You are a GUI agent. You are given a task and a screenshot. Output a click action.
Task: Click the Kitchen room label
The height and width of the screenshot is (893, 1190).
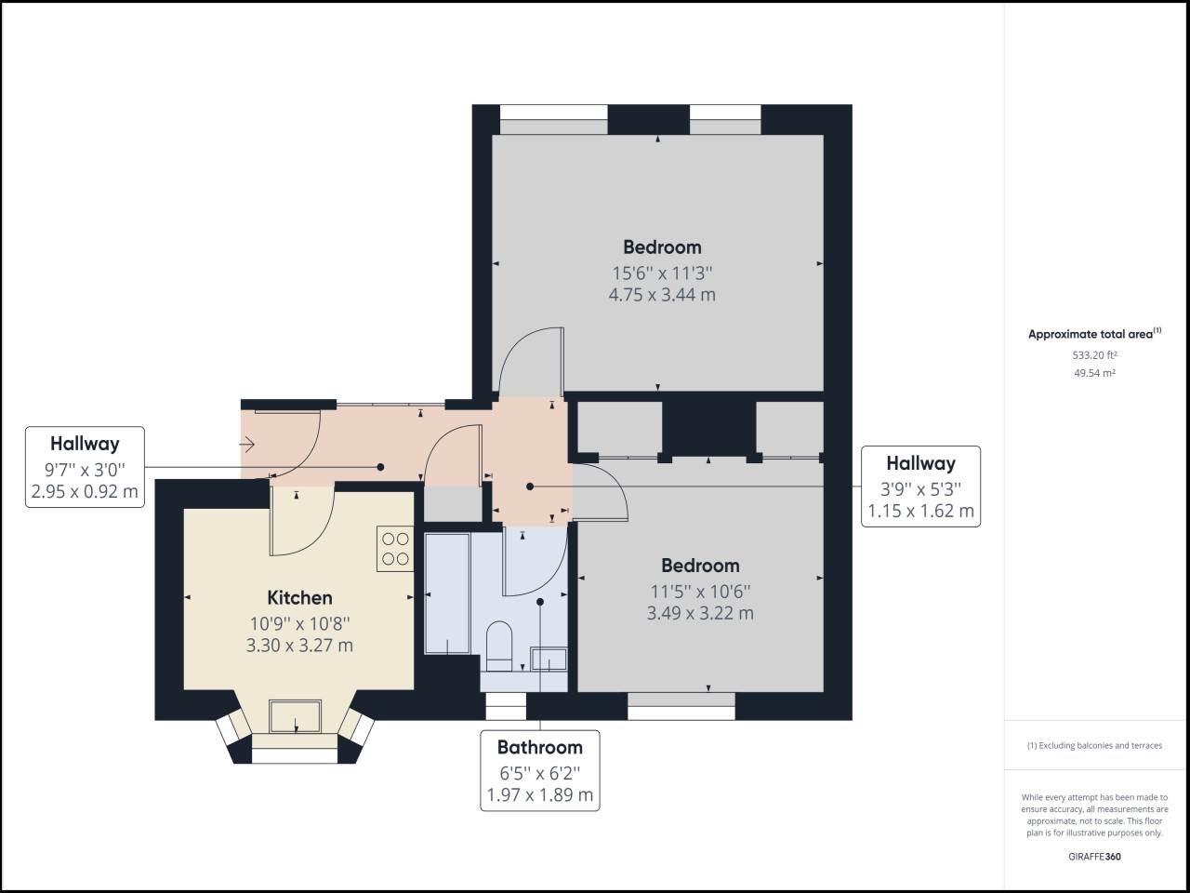click(x=299, y=597)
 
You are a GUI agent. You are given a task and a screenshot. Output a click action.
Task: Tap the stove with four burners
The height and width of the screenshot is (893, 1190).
click(x=395, y=548)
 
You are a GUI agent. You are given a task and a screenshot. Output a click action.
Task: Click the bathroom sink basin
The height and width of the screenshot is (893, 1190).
click(x=549, y=660)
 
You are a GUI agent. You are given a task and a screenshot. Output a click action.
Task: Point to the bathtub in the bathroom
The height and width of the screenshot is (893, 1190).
click(x=447, y=593)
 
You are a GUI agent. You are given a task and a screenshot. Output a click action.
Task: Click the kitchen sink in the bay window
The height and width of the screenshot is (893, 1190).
click(x=296, y=717)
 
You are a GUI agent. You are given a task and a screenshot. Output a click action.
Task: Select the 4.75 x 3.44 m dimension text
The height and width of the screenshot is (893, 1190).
click(x=662, y=295)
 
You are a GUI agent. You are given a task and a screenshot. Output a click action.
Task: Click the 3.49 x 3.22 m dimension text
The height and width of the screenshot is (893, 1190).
click(x=700, y=613)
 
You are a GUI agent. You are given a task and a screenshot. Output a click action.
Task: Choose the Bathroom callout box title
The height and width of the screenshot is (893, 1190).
click(x=539, y=747)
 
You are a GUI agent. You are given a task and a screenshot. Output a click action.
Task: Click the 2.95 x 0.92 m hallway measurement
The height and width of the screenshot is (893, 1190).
click(x=85, y=491)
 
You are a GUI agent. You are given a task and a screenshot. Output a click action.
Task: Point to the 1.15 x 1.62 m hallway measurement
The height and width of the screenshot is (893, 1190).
click(x=920, y=511)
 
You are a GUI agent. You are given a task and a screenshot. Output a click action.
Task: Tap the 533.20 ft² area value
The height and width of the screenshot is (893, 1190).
click(x=1094, y=354)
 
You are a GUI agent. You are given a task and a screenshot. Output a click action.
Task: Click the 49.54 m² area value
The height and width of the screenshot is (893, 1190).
click(x=1094, y=373)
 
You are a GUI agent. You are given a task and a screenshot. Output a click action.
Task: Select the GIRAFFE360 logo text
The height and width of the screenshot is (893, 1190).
click(x=1094, y=857)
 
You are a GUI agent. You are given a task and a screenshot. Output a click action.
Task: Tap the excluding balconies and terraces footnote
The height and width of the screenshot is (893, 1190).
click(x=1094, y=745)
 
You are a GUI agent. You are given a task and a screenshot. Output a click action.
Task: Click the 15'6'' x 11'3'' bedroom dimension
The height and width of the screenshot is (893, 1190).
click(x=662, y=273)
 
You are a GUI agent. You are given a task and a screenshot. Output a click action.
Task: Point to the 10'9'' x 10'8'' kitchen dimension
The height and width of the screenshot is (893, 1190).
click(x=299, y=623)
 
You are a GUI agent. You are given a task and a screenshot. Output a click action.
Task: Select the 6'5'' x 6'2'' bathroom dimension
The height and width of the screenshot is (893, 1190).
click(x=539, y=772)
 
